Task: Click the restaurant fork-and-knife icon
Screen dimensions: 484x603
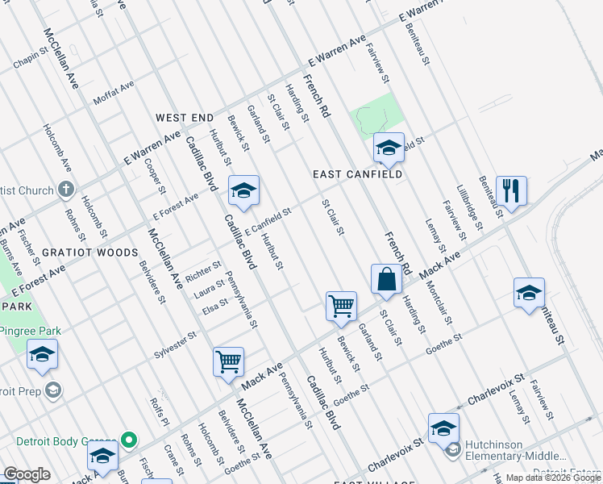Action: coord(511,190)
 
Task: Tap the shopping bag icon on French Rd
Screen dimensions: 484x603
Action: coord(387,279)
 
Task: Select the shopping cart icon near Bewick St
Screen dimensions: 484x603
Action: coord(342,307)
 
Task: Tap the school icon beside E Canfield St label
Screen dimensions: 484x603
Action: coord(243,190)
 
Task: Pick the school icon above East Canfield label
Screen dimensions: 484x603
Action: coord(389,148)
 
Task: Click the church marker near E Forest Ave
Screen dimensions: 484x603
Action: coord(66,190)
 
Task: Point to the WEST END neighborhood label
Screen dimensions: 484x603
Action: coord(185,118)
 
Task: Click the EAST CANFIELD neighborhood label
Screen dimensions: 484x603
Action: coord(357,174)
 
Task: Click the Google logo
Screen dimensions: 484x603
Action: coord(27,475)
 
